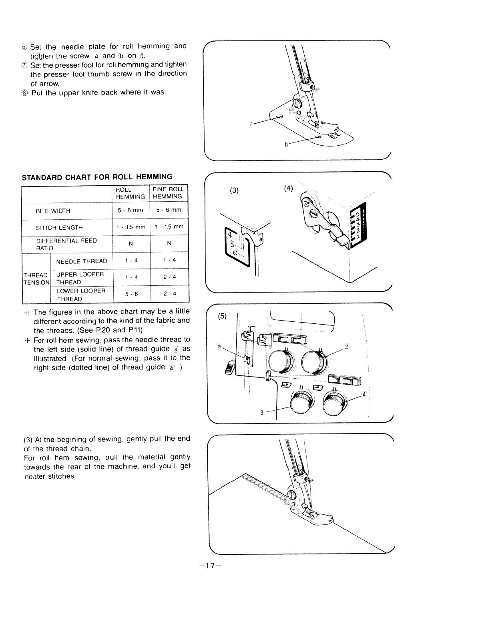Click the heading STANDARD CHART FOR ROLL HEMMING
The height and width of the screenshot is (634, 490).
97,177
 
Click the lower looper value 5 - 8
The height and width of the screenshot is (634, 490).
131,294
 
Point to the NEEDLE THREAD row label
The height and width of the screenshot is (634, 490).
82,261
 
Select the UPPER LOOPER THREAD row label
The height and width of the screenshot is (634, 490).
80,278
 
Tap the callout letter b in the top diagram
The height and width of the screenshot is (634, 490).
287,144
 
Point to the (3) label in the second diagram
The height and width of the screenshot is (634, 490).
235,190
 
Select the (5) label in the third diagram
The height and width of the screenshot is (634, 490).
223,316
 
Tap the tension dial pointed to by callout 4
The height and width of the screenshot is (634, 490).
333,403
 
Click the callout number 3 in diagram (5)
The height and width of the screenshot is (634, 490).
261,413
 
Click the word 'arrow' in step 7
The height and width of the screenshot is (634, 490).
50,84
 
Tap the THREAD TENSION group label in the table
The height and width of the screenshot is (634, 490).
36,279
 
